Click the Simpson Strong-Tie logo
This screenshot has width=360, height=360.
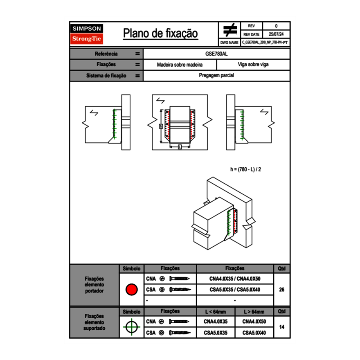tap(87, 34)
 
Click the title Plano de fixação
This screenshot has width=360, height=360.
tap(160, 34)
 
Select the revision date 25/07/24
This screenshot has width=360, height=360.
tap(276, 34)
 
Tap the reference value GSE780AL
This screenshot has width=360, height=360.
tap(216, 54)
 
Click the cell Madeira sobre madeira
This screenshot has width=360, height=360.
tap(180, 65)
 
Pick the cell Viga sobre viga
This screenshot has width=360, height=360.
tap(253, 65)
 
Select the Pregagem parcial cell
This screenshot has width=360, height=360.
tap(216, 76)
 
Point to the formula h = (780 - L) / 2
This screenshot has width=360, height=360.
tap(246, 169)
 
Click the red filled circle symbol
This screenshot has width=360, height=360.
tap(131, 290)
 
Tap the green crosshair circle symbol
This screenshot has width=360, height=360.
tap(131, 327)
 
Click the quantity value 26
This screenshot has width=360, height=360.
tap(281, 290)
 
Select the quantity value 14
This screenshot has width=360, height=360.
tap(281, 327)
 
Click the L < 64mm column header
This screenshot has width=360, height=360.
tap(216, 312)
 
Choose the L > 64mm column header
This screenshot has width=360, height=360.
tap(254, 312)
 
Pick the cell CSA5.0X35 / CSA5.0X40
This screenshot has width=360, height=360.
tap(235, 290)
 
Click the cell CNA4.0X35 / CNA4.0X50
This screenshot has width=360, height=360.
tap(235, 279)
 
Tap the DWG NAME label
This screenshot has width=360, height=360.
tap(229, 42)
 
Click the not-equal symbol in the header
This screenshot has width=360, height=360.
tap(230, 30)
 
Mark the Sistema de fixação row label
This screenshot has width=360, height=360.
tap(106, 76)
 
